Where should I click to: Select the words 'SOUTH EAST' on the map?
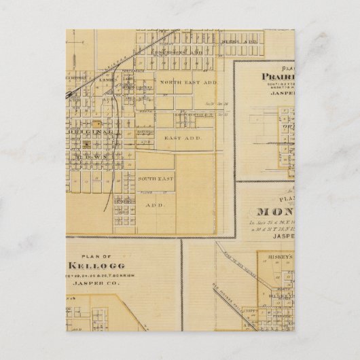point(156,179)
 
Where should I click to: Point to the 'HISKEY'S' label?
point(278,257)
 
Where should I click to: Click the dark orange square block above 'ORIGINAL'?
point(97,124)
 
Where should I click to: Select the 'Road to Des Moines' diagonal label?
point(231,257)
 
